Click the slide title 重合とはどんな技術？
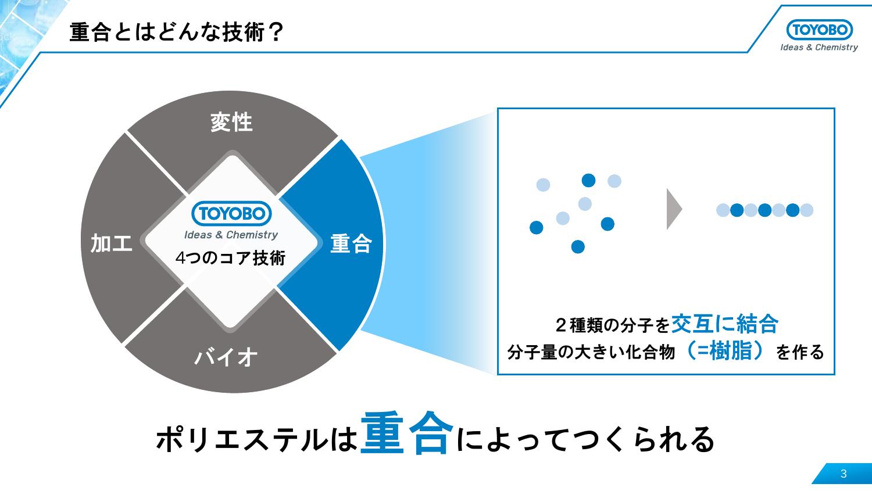click(176, 33)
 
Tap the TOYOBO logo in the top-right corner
click(819, 30)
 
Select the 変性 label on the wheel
click(231, 123)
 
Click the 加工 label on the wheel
click(111, 243)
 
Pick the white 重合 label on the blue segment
click(351, 243)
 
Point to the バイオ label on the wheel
click(226, 357)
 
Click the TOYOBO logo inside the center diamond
click(231, 214)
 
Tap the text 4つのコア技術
click(231, 257)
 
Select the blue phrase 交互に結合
click(724, 324)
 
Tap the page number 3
click(844, 474)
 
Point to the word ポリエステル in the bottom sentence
click(239, 440)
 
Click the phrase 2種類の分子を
click(612, 325)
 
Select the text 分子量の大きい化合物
click(591, 352)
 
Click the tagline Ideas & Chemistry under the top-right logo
click(819, 48)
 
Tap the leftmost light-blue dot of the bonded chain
click(723, 210)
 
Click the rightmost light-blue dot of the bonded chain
click(806, 210)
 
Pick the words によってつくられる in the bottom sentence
click(585, 440)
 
